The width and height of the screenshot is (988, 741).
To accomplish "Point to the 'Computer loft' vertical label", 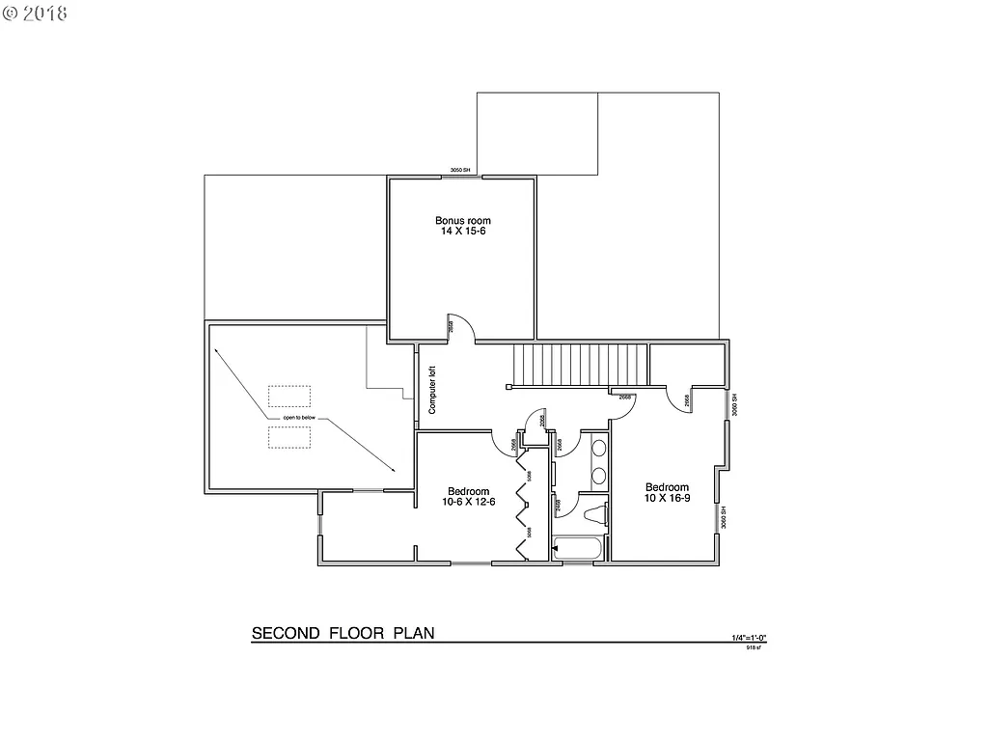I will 432,389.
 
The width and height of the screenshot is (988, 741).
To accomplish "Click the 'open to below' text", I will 299,417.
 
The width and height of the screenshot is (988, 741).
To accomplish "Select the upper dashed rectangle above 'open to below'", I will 289,398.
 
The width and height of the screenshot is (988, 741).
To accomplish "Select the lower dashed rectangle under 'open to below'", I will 289,437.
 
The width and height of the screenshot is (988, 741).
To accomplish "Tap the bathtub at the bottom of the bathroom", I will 578,550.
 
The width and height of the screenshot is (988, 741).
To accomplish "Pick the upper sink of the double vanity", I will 598,449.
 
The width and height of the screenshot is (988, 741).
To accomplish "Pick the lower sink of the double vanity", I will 598,475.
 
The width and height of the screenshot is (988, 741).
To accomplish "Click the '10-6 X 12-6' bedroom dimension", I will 469,502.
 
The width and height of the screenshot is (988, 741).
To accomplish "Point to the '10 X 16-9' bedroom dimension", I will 668,498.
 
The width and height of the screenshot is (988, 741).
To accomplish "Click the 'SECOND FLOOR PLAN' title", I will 343,634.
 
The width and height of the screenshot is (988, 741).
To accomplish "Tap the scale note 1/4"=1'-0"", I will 748,638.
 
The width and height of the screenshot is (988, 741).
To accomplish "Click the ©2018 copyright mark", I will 35,14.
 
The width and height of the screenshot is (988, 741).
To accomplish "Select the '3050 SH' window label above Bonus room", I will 459,171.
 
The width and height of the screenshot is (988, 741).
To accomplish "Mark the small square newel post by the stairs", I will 509,386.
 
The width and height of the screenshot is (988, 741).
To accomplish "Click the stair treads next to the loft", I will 579,364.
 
